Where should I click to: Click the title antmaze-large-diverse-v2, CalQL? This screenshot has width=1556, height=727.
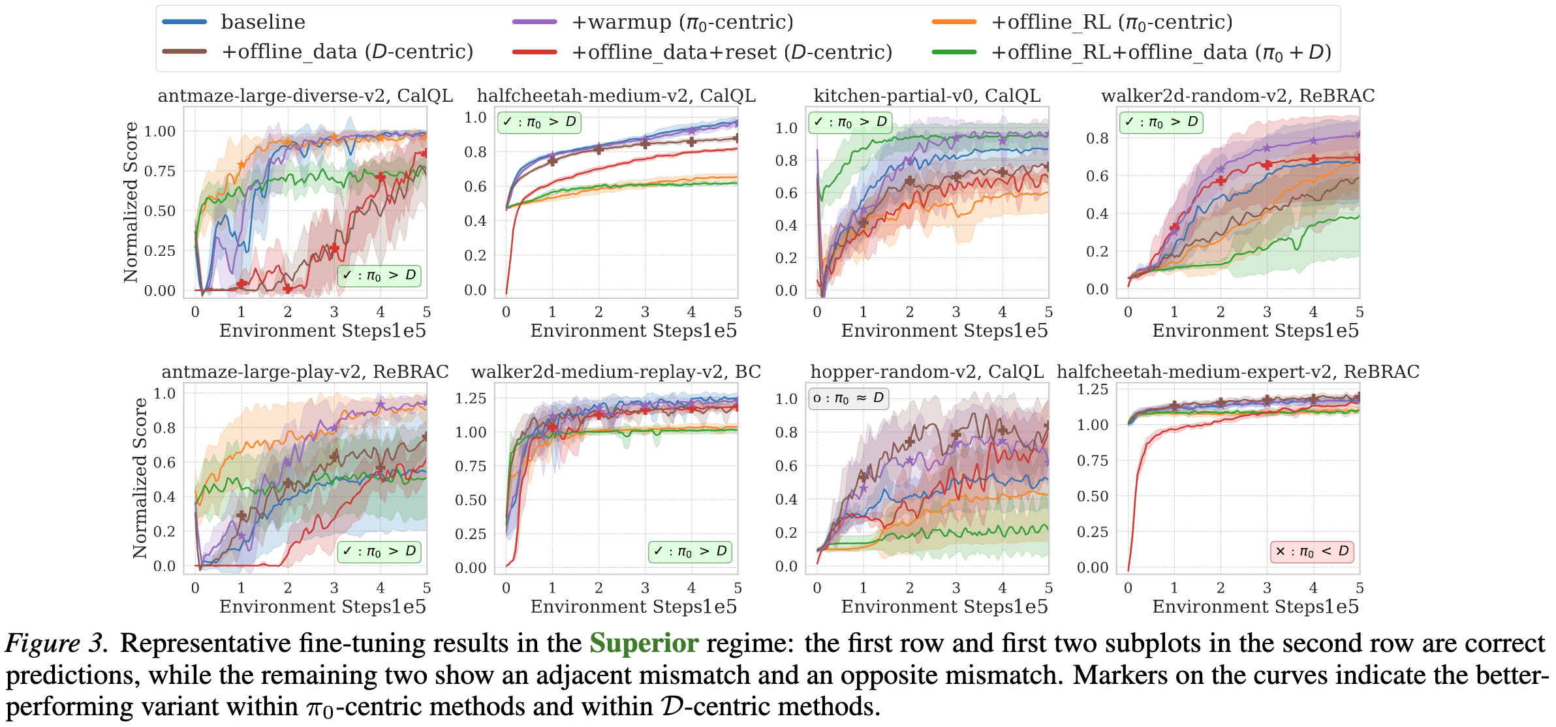point(305,96)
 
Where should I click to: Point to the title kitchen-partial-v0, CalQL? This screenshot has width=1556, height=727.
point(927,96)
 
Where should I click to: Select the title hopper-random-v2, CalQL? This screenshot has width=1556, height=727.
point(927,372)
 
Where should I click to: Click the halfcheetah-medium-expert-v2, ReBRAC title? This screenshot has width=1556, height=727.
point(1237,372)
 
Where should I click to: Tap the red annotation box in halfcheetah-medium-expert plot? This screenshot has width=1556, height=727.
point(1312,551)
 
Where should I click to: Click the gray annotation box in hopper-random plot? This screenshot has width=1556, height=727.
point(848,398)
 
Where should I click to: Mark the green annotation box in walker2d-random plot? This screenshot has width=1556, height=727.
point(1160,122)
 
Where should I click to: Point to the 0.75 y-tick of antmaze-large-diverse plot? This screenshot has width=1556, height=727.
point(160,171)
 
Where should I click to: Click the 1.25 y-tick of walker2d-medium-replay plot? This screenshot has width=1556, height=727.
point(471,398)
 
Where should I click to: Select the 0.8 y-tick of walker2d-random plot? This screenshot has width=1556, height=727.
point(1097,138)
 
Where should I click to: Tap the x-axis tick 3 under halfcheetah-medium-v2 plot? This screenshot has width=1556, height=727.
point(645,312)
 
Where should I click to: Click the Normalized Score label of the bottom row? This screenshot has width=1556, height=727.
point(140,478)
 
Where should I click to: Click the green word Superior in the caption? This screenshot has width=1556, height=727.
point(644,643)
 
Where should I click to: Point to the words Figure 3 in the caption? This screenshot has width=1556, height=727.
point(55,643)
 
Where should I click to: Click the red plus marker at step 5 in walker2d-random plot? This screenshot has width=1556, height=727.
point(1358,159)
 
